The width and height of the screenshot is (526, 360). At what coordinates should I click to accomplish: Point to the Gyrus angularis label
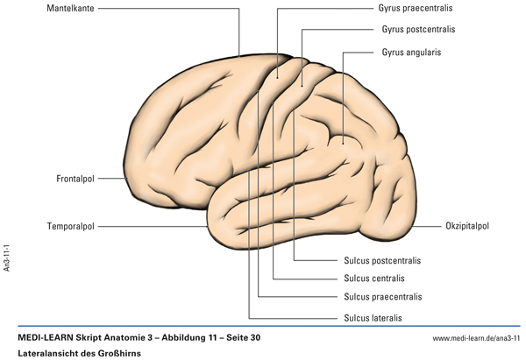coord(410,52)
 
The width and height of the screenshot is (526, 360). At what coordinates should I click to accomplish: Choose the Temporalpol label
coord(70,226)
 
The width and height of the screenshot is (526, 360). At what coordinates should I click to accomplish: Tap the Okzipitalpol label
coord(466,226)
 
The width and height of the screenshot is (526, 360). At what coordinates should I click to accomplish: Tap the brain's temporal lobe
coord(289,215)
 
